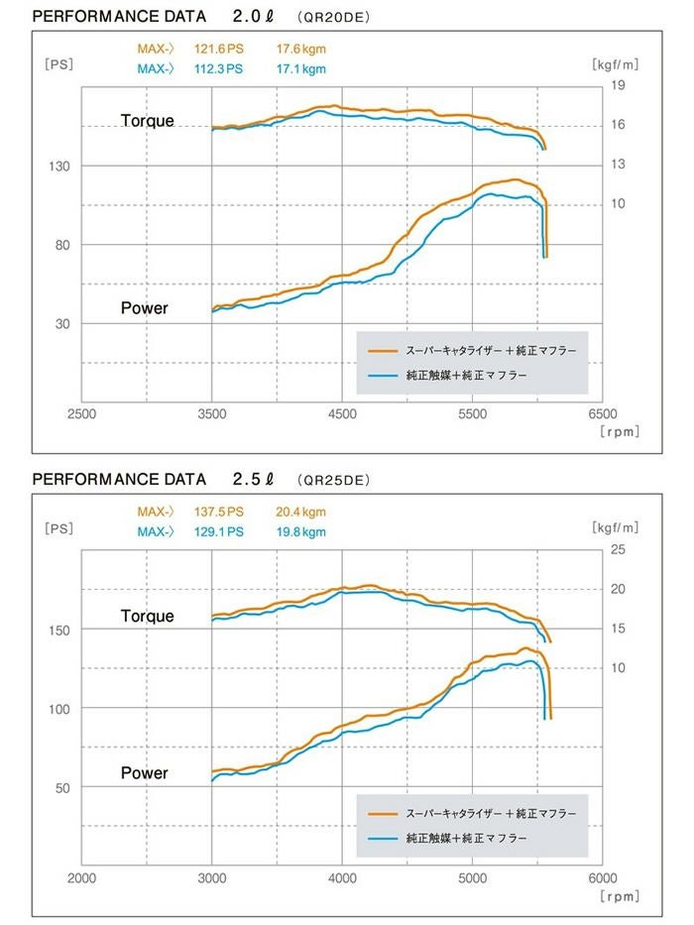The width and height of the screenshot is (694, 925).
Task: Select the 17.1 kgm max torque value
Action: [301, 68]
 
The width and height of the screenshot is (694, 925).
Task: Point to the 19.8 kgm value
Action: [301, 532]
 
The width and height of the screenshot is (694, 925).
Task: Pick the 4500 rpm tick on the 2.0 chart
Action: [341, 413]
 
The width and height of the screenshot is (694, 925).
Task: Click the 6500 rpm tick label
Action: [602, 413]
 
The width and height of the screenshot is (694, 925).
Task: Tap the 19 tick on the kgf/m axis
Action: [618, 85]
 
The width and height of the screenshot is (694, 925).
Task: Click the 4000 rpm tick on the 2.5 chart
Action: [341, 877]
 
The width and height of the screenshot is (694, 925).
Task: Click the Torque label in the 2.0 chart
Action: [147, 121]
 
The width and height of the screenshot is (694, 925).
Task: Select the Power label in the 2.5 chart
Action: [145, 772]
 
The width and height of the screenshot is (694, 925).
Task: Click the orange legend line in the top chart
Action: [382, 351]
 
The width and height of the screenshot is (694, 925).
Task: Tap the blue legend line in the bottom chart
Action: [382, 839]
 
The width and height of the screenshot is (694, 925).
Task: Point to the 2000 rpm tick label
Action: [81, 877]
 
